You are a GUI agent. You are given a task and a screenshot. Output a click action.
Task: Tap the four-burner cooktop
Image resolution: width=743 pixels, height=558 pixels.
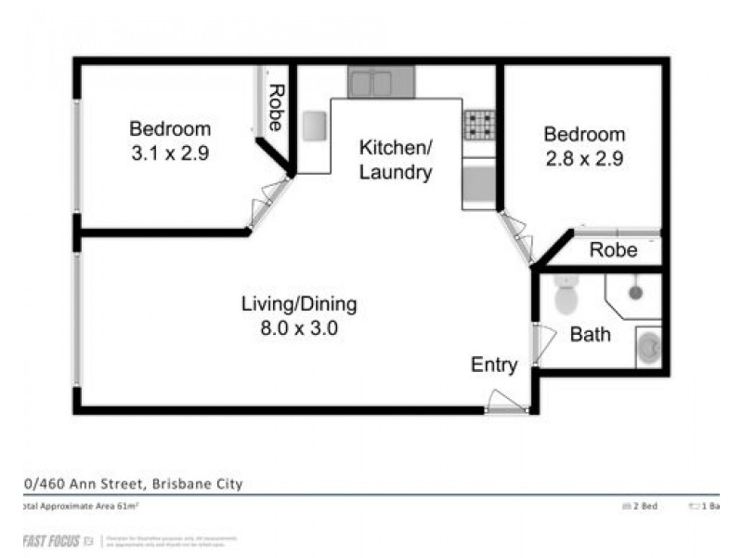479,125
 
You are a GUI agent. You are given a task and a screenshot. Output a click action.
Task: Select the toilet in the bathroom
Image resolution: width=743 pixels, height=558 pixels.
564,296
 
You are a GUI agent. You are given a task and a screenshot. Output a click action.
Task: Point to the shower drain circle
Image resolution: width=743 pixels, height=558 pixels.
635,292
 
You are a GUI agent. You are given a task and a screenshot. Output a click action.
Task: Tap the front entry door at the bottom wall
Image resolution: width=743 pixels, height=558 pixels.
506,404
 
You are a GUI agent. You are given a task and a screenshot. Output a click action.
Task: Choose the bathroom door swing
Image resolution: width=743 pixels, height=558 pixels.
542,342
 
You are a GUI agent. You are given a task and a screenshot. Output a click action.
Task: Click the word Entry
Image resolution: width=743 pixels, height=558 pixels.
493,365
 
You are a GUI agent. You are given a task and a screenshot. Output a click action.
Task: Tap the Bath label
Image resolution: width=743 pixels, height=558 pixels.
590,334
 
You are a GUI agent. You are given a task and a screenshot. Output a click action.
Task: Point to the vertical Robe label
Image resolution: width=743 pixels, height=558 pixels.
276,107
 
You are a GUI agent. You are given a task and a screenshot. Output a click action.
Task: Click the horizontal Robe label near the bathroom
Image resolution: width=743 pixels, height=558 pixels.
614,250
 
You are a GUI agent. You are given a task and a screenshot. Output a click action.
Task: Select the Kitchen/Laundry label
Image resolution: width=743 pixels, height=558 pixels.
396,160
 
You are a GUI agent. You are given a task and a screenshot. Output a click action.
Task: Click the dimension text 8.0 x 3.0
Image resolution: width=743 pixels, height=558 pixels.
299,327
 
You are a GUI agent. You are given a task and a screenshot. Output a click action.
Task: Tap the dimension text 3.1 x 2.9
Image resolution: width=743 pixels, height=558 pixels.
170,153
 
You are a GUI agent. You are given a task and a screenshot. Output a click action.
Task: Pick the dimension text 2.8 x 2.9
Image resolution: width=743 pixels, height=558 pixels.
583,158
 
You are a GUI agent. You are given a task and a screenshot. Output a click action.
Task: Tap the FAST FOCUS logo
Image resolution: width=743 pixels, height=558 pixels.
54,540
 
